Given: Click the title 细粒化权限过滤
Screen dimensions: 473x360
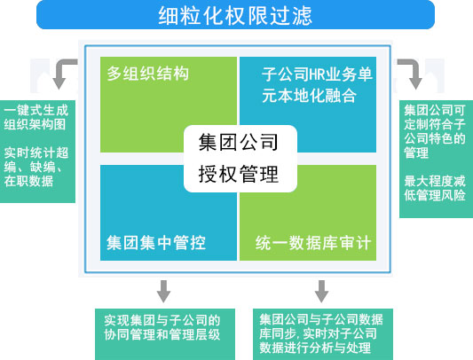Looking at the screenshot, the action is (235, 15).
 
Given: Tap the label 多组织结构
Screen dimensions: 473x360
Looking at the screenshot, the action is (148, 74).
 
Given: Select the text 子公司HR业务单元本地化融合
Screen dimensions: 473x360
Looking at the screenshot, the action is (317, 85).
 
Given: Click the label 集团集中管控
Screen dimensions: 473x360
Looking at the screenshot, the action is (156, 243).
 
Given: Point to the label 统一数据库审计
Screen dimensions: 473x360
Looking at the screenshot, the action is (313, 243).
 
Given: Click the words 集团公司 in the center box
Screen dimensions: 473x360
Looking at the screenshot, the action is (239, 142).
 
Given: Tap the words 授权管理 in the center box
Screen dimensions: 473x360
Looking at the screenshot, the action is (239, 174).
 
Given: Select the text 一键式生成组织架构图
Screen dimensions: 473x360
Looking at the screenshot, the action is (36, 117).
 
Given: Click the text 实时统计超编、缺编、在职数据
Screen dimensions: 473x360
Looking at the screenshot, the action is (36, 167).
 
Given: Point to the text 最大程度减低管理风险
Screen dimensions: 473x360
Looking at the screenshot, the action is (434, 188).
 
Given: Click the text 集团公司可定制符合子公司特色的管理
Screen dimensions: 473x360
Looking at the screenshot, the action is (434, 131).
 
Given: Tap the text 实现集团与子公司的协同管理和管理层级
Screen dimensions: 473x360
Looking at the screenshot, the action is (162, 327).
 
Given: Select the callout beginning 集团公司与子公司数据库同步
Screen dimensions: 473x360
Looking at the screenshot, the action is (321, 333).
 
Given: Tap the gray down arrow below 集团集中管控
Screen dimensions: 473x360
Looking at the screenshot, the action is (163, 291).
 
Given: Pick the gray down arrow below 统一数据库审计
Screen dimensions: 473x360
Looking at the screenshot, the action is (321, 291).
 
